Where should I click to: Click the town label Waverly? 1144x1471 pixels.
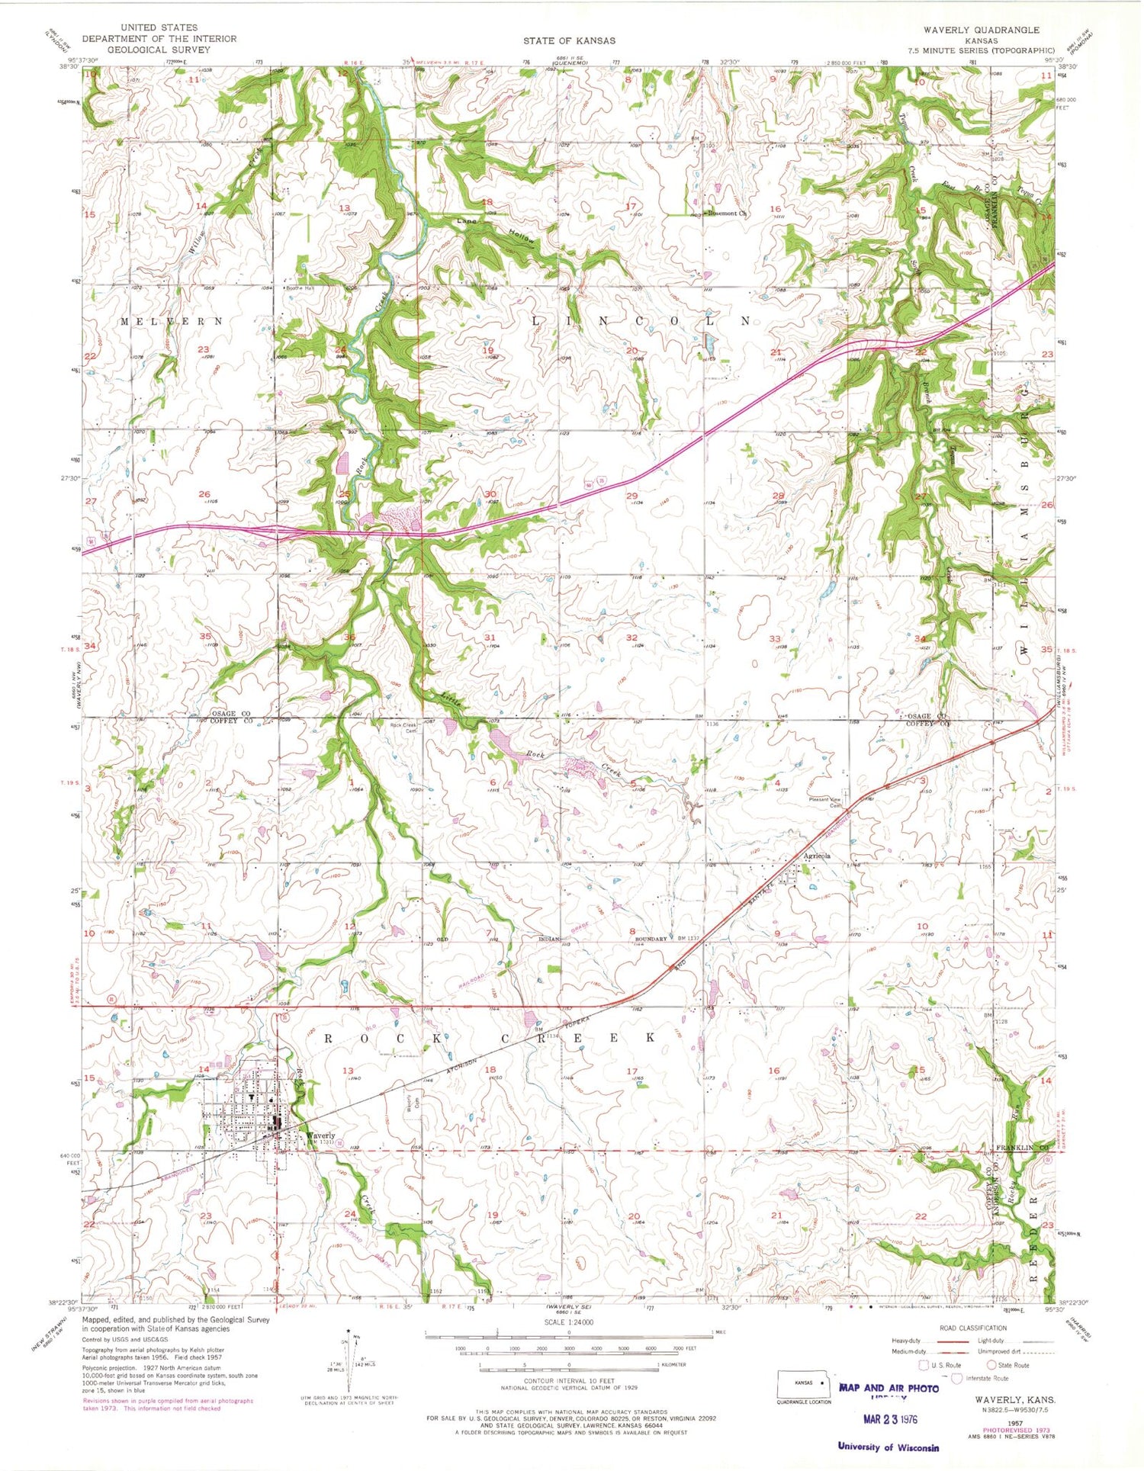(x=320, y=1135)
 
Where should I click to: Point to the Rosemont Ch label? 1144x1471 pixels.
(x=727, y=214)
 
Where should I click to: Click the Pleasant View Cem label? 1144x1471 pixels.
(x=828, y=803)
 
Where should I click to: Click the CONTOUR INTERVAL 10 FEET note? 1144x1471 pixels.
(x=568, y=1381)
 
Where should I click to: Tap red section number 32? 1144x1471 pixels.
(x=631, y=638)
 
